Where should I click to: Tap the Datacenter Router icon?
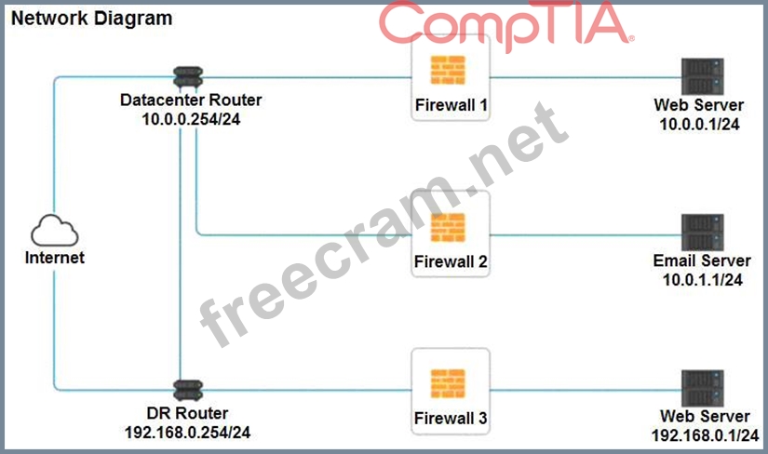[182, 77]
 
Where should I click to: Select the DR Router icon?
[182, 389]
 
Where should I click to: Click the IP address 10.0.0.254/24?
[186, 118]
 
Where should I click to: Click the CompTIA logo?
[507, 25]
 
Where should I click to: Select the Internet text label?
[55, 258]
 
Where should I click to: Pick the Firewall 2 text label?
[451, 261]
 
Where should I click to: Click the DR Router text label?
[186, 413]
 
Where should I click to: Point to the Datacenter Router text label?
[191, 100]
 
